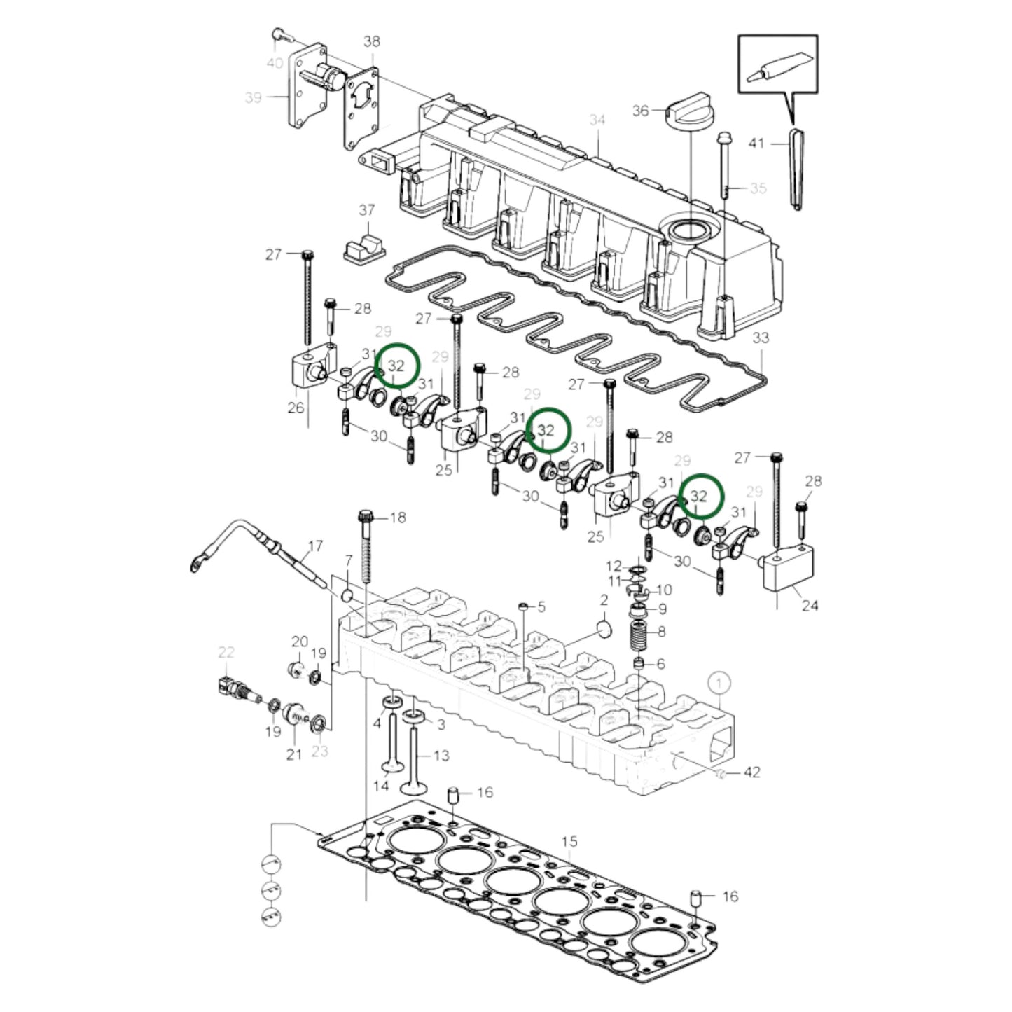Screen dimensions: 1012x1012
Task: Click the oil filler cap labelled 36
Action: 689,107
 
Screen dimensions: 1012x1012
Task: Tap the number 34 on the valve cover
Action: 597,120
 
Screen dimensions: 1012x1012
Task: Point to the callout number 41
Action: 756,144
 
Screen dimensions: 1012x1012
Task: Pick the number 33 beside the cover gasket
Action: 761,338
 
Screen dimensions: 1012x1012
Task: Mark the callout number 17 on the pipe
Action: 315,546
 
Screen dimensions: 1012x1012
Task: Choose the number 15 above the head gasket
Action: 569,840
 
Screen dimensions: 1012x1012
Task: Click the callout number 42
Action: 751,772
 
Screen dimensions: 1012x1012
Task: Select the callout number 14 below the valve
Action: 380,786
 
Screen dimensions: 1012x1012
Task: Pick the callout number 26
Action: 296,407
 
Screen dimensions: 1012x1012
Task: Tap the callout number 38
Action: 372,41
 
